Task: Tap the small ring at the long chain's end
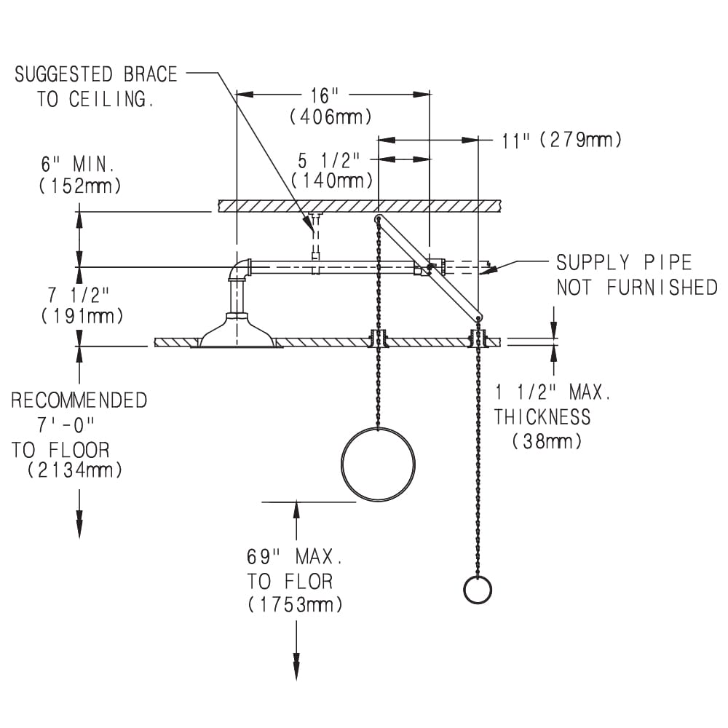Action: [478, 590]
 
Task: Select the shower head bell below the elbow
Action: [237, 332]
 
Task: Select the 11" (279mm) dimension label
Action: [562, 140]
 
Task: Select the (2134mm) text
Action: [75, 470]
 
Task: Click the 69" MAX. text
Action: [295, 558]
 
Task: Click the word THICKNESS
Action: [542, 417]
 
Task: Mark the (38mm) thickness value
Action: [547, 440]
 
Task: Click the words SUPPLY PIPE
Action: [624, 263]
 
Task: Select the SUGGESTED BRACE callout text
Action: [96, 74]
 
